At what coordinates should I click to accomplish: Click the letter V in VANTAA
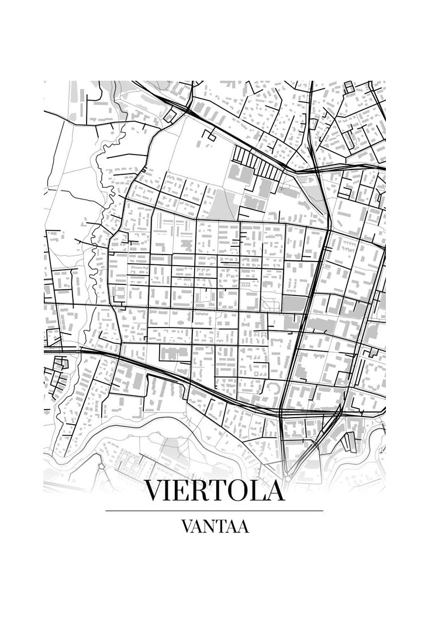(187, 527)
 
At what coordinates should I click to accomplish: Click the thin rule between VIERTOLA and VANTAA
(214, 511)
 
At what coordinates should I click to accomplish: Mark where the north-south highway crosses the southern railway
(283, 411)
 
